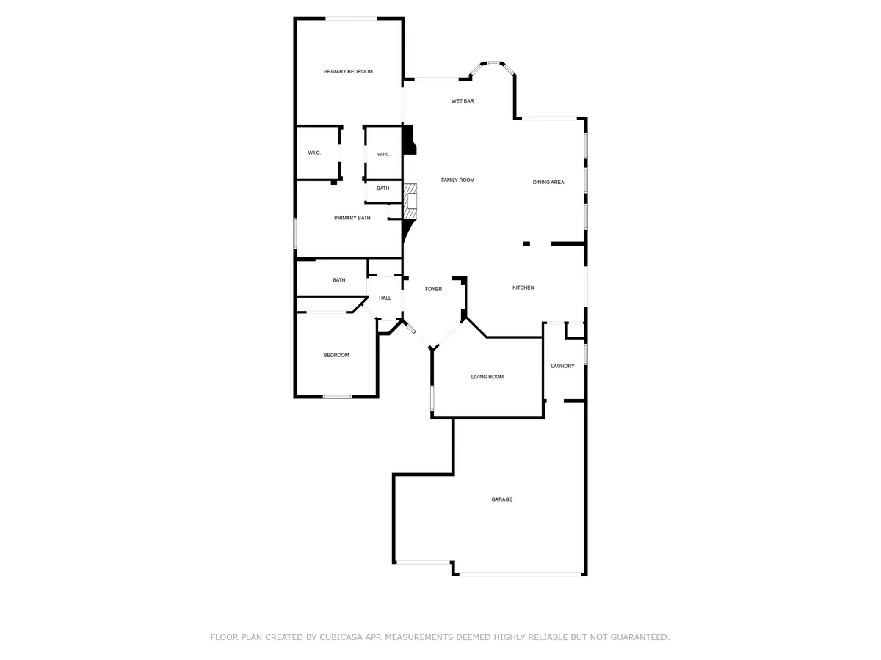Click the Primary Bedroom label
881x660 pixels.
348,72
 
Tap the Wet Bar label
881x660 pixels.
463,101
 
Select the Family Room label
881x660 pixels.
457,180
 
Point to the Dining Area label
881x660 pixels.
548,183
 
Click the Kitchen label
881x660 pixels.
523,287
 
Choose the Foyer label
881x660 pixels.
433,290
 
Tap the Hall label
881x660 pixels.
385,298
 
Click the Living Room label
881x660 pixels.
487,377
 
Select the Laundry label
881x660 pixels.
562,366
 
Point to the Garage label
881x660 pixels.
501,499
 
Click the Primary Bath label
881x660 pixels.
352,218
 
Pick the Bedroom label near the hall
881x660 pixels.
336,356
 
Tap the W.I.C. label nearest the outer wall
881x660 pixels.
314,153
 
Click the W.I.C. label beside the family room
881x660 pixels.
384,155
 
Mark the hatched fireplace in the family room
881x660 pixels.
410,202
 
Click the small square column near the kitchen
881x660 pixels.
526,244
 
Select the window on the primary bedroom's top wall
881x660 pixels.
351,18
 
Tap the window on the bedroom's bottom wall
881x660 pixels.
337,397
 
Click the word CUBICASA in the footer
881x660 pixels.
341,637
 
